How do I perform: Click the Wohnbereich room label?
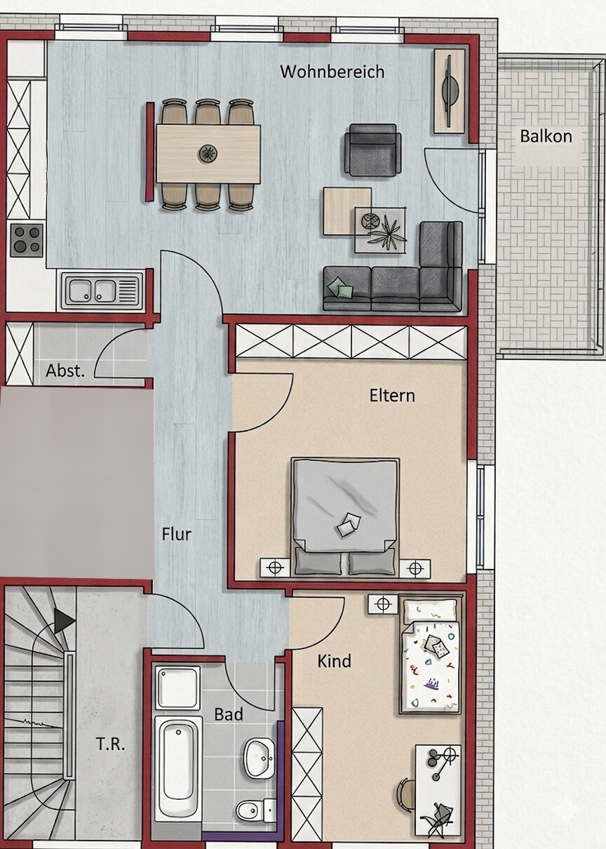coord(332,72)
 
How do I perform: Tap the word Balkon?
coord(546,136)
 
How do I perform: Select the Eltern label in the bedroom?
coord(392,396)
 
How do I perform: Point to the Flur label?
coord(177,535)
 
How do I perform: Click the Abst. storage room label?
coord(65,370)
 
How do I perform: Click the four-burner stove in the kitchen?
coord(27,240)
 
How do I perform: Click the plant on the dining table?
coord(208,153)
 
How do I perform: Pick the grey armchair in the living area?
coord(373,149)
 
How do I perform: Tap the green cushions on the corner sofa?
coord(340,289)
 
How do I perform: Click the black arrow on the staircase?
coord(64,621)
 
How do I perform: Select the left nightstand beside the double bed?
coord(275,568)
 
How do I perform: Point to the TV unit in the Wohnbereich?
coord(450,91)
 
